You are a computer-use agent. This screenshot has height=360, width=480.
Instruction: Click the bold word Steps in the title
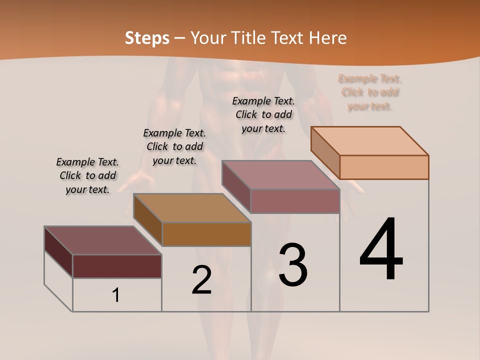pos(147,38)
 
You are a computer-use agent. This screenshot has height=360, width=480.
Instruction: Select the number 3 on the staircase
pos(293,265)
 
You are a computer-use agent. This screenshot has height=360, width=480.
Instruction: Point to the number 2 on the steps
pos(202,280)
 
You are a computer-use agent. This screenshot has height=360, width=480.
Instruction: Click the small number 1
pos(116,295)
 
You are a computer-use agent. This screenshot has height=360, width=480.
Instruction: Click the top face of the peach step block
pos(370,140)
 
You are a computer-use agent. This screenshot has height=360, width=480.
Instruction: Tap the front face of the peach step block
pos(384,167)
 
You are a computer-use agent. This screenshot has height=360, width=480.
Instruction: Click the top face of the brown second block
pos(192,207)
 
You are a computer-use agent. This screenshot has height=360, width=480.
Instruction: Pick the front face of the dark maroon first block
pos(117,266)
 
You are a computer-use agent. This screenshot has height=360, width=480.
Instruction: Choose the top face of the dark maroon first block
pos(103,240)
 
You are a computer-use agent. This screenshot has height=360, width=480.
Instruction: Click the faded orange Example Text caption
pos(370,92)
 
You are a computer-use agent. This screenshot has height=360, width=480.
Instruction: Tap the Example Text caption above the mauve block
pos(263,114)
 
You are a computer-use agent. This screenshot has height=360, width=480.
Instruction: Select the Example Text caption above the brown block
pos(174,146)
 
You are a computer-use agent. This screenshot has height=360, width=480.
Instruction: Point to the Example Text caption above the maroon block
pos(87,175)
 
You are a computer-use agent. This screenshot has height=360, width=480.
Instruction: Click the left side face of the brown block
pos(148,220)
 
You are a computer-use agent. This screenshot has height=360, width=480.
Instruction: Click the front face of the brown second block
pos(206,234)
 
